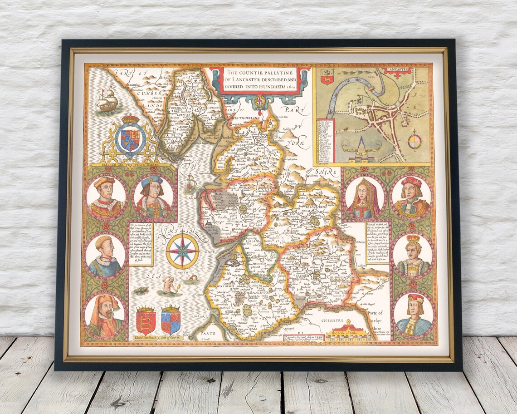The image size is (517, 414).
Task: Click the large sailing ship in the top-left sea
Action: point(107,99)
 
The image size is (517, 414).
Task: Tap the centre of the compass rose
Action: point(182,250)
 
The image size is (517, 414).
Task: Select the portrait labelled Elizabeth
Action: point(364,198)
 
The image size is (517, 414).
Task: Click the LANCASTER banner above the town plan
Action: point(398,70)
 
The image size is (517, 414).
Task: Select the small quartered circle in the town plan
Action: point(415,141)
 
